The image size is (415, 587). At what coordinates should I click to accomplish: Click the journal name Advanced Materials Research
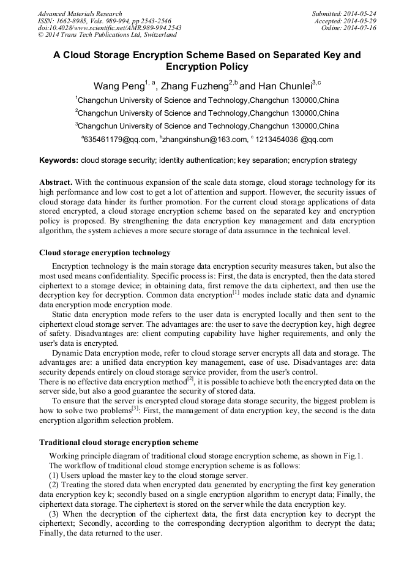coord(80,13)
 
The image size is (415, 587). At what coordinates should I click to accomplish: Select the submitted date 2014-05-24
coord(361,13)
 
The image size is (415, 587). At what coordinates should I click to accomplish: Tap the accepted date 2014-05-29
coord(361,21)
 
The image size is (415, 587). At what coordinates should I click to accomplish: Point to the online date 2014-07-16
coord(361,28)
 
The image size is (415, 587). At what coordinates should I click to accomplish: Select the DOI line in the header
coord(110,28)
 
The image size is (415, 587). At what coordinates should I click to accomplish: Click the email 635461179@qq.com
coord(120,140)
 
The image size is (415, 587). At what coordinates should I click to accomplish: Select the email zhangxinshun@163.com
coord(204,140)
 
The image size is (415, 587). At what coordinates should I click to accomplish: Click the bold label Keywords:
coord(59,161)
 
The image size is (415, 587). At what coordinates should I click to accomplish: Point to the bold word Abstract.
coord(56,183)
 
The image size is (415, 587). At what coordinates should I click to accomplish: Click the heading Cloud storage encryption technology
coord(105,253)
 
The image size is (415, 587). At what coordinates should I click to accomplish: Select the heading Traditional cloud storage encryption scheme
coord(118,442)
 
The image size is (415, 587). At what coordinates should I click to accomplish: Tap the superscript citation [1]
coord(236,292)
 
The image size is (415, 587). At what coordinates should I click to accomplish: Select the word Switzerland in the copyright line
coord(155,36)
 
